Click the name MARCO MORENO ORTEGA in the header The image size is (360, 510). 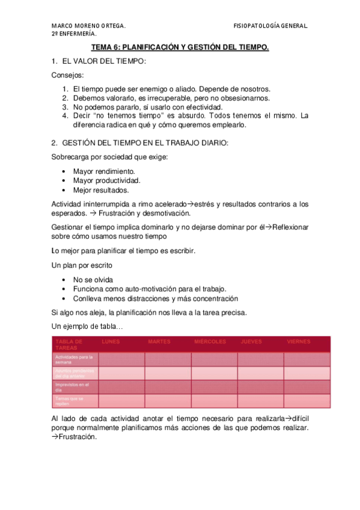coord(88,26)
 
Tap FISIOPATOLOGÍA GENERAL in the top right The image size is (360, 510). coord(270,26)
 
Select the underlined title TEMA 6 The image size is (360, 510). coord(180,47)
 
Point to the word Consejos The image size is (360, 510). coord(68,75)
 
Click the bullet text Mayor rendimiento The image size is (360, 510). coord(104,171)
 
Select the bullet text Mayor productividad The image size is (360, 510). coord(106,180)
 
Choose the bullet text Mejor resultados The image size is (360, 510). coord(101,189)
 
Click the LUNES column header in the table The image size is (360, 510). coord(111,342)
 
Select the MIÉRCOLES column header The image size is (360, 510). coord(210,342)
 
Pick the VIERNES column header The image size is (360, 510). coord(299,342)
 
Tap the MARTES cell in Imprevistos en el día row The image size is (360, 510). coord(168,387)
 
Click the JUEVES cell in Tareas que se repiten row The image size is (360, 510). coord(260,401)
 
